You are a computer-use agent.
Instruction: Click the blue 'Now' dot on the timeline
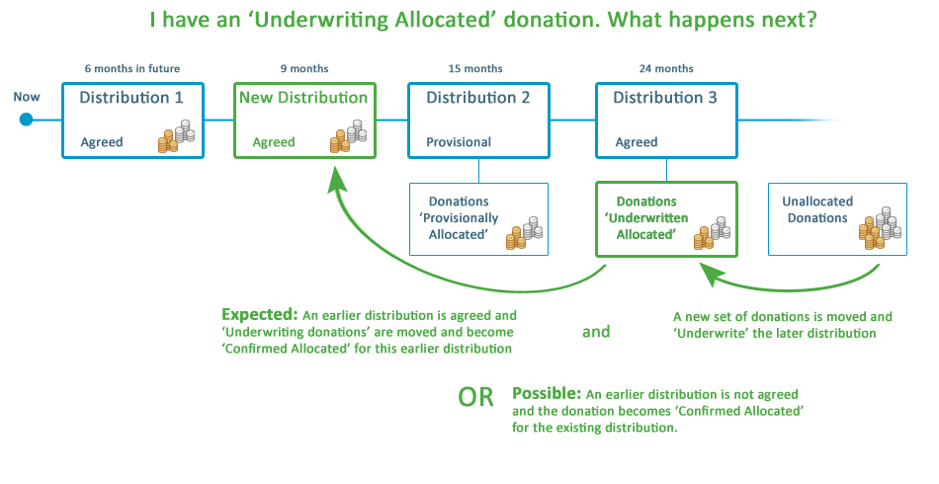pos(27,120)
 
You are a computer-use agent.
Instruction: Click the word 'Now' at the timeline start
pos(27,97)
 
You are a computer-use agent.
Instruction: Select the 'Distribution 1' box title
pos(131,98)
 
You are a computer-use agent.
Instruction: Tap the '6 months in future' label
pos(132,68)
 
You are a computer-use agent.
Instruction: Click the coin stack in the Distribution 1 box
pos(177,136)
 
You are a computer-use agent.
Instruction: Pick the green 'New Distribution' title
pos(302,98)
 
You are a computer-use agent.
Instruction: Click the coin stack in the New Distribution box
pos(348,136)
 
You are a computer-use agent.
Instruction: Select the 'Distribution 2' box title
pos(478,98)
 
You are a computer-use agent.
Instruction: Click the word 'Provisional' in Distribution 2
pos(459,142)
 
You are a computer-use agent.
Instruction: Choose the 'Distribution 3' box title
pos(665,98)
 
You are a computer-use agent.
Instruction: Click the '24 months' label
pos(666,68)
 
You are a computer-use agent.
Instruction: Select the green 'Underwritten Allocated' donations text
pos(645,218)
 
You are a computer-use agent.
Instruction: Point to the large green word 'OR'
pos(475,398)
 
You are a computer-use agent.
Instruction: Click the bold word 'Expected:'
pos(259,315)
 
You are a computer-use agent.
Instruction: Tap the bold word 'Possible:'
pos(547,393)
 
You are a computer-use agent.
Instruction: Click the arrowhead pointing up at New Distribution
pos(338,180)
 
